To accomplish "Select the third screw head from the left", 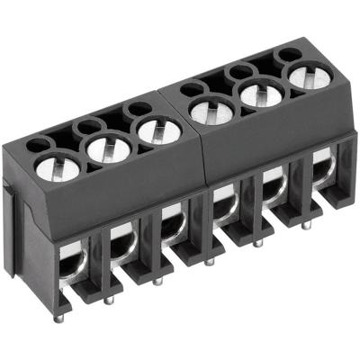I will (x=157, y=131).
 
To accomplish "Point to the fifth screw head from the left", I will (x=260, y=94).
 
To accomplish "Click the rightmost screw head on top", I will (x=309, y=76).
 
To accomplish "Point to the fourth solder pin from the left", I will (x=209, y=261).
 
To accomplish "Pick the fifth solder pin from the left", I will (x=258, y=243).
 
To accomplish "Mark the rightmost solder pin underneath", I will (x=305, y=225).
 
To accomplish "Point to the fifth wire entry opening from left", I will (x=272, y=189).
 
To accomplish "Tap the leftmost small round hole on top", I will (x=35, y=145).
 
